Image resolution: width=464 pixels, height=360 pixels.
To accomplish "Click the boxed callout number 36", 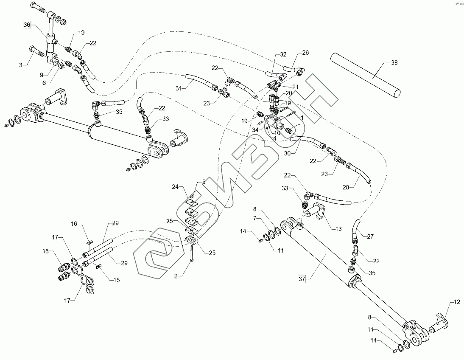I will (x=27, y=25).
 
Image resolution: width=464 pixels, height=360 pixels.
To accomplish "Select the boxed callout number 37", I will (x=302, y=279).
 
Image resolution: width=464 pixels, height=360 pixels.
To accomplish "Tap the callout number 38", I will (x=394, y=62).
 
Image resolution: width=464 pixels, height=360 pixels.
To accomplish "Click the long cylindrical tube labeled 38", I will (x=366, y=76).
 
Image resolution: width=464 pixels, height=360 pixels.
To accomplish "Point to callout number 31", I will (x=179, y=88).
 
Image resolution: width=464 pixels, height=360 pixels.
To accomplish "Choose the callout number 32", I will (x=283, y=54).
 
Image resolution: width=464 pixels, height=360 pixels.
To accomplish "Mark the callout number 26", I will (x=305, y=53).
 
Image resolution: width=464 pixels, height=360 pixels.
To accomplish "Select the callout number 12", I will (x=456, y=302).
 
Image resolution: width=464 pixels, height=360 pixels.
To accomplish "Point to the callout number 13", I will (x=338, y=229).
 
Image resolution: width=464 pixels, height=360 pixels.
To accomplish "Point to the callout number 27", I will (x=369, y=236).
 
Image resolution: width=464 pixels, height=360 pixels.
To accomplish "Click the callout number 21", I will (x=295, y=87).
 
